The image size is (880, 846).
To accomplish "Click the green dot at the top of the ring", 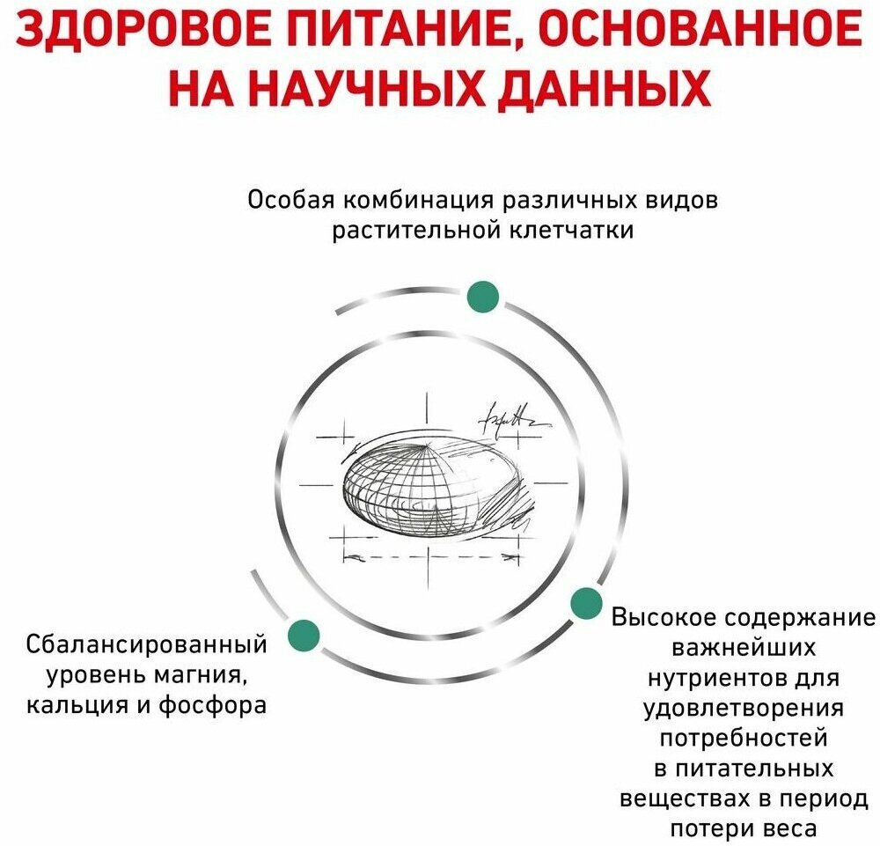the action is click(483, 297).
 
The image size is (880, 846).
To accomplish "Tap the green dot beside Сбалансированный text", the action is click(304, 634).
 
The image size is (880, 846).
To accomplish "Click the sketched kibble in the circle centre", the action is click(431, 489).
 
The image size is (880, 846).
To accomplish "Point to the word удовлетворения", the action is click(744, 709).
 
